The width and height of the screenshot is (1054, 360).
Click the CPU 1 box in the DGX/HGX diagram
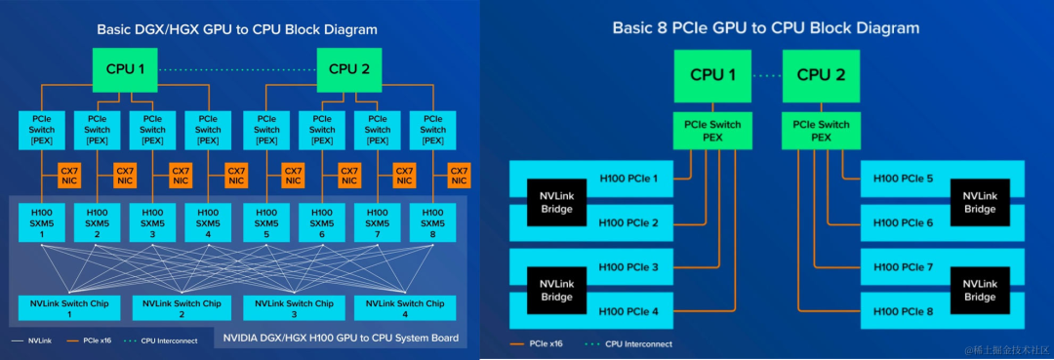124,68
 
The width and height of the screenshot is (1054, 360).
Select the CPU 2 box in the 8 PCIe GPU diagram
820,75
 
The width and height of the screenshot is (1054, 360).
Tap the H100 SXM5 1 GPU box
42,223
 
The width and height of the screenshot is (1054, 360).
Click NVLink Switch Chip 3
294,308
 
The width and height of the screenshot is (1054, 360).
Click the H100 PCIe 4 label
628,311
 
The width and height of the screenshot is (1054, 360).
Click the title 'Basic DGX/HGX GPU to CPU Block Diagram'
237,29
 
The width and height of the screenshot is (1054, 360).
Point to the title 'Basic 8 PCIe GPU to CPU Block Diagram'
765,27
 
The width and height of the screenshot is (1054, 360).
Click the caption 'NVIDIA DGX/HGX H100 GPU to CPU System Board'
341,340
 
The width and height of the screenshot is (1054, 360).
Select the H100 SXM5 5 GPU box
265,223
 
